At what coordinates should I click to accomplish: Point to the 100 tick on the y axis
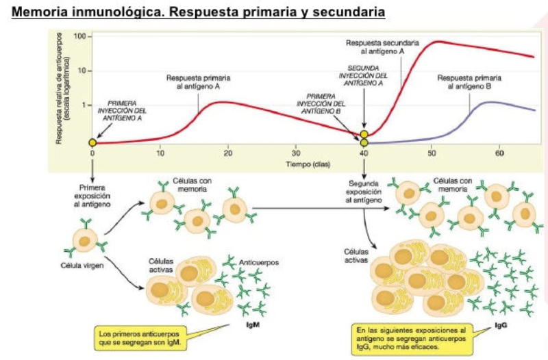83,36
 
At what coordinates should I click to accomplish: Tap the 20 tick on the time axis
227,154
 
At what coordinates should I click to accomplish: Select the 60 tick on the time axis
499,154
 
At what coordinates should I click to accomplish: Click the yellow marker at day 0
92,142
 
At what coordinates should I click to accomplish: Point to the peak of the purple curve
492,102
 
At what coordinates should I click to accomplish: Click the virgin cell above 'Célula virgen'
87,239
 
